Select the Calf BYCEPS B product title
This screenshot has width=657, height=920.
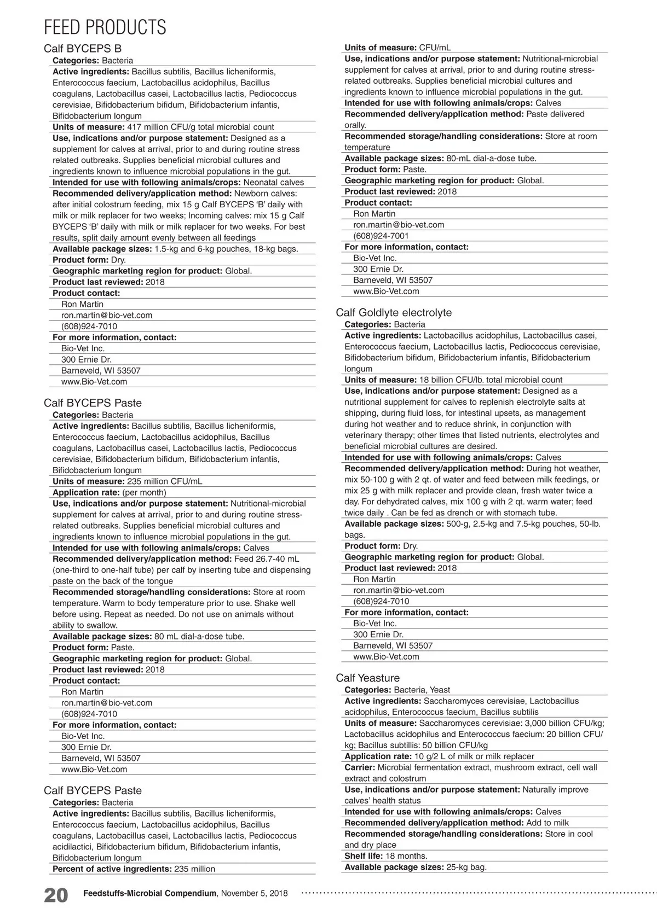[x=83, y=48]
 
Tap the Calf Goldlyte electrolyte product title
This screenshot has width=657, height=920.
[x=394, y=312]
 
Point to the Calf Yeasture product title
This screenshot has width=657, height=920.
[x=367, y=678]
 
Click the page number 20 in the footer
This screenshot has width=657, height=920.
[x=56, y=895]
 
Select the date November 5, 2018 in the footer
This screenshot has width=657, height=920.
[x=255, y=893]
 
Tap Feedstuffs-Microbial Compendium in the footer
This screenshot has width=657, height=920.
[x=150, y=893]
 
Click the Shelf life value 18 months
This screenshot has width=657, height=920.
[x=406, y=856]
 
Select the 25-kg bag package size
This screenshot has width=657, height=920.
[x=466, y=867]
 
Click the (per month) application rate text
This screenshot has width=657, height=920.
[x=144, y=492]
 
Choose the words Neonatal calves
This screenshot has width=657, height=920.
[x=273, y=182]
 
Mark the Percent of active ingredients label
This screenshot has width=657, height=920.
[x=112, y=869]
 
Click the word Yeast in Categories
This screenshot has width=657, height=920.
[x=440, y=690]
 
